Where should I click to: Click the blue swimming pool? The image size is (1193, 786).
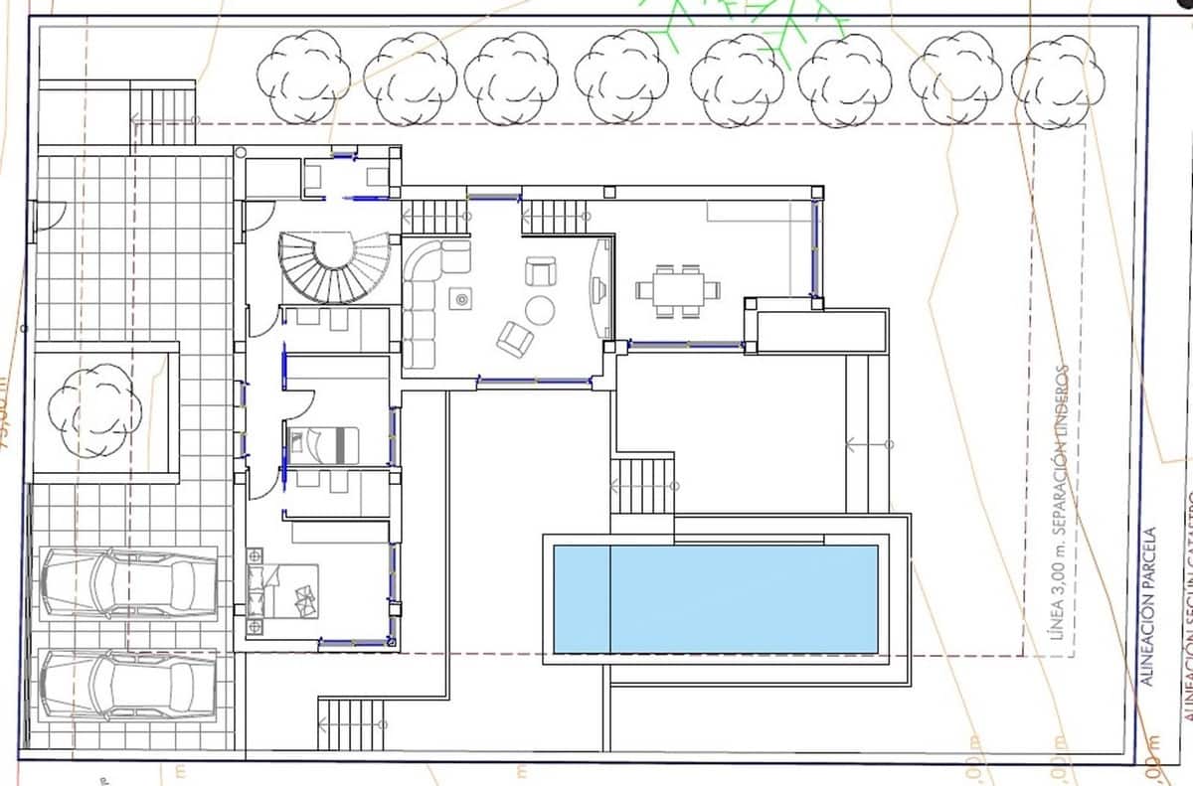[x=715, y=598]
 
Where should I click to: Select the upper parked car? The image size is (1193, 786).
[x=128, y=583]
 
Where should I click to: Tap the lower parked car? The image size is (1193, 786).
[x=128, y=685]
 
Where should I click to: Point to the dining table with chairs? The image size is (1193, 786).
[x=678, y=290]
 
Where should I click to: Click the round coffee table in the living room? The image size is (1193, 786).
[x=540, y=311]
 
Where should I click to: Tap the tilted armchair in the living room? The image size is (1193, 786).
[x=515, y=340]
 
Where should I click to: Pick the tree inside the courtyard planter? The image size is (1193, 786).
[x=95, y=408]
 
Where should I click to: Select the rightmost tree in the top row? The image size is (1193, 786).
[x=1058, y=80]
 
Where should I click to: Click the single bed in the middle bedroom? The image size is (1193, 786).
[x=323, y=444]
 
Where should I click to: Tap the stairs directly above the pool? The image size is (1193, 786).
[x=642, y=485]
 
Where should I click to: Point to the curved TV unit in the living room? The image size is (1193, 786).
[x=599, y=289]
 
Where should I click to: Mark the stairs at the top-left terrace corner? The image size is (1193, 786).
[x=164, y=116]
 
